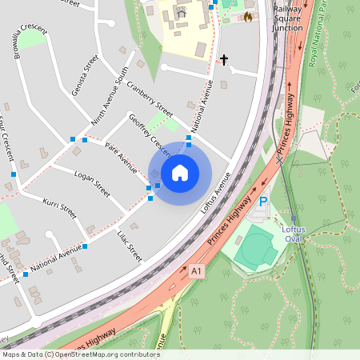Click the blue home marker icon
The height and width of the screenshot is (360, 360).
180,172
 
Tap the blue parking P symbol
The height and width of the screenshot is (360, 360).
263,203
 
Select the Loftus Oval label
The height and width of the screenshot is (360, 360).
293,234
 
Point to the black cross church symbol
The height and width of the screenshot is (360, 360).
224,59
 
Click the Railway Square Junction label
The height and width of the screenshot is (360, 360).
286,18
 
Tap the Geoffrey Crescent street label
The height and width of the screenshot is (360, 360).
150,134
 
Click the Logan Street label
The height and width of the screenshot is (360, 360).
91,182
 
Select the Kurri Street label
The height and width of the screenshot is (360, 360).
59,207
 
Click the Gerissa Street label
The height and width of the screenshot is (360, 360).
84,75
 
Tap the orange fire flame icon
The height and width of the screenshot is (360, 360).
248,16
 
